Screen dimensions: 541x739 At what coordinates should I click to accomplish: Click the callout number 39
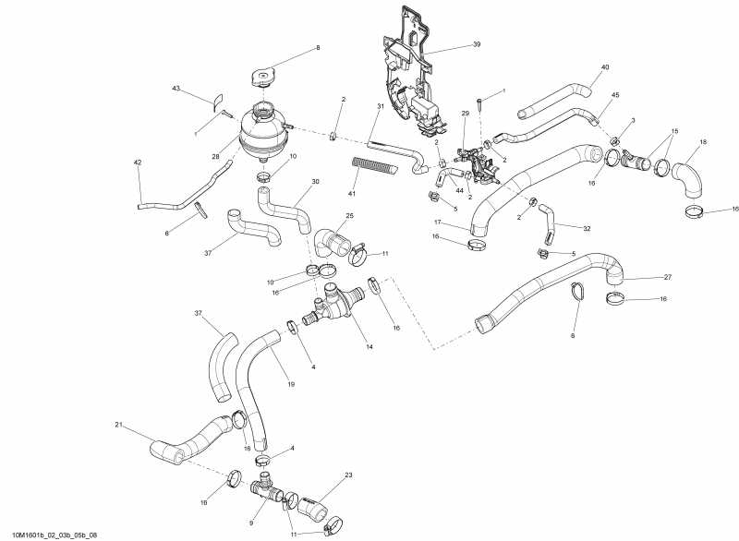477,44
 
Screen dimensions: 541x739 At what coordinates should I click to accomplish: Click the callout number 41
351,195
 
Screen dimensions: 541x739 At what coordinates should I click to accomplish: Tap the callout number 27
668,277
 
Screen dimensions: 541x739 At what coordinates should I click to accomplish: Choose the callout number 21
118,425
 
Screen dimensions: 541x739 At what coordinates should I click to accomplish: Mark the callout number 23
348,475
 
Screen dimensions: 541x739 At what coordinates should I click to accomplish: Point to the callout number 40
605,67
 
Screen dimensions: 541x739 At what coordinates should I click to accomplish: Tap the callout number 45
615,95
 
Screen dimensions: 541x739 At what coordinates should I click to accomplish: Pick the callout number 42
138,162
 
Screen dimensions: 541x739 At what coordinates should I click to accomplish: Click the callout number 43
176,89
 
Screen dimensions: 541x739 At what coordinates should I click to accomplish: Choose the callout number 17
438,222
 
